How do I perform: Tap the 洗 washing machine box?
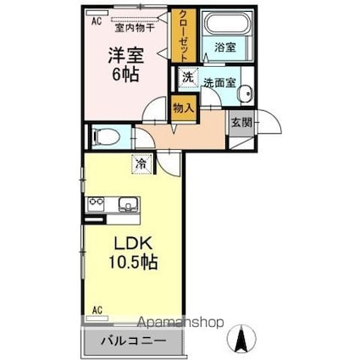click(x=187, y=78)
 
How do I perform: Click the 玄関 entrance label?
click(x=241, y=122)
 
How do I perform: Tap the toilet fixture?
click(x=104, y=135)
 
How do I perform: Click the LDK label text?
click(x=130, y=243)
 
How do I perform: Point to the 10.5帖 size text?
click(x=132, y=262)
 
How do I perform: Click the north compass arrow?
click(x=241, y=340)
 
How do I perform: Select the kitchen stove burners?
click(x=96, y=204)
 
